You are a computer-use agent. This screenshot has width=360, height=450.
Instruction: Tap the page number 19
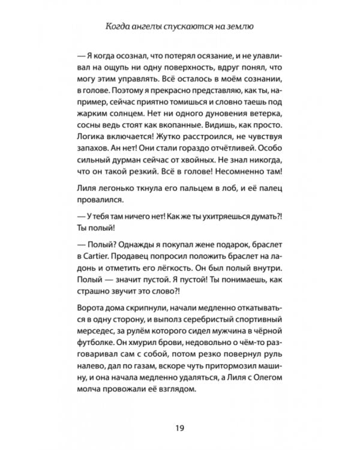point(180,427)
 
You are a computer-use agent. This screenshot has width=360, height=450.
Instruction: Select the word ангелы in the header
point(160,26)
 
